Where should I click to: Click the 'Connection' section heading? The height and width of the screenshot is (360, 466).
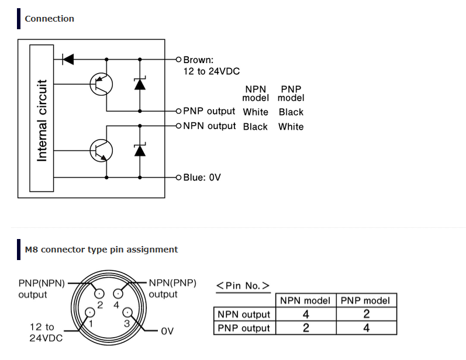pos(49,19)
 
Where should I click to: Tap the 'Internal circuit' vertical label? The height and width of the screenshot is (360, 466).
pos(42,120)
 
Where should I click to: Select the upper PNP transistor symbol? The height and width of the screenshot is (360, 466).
pos(101,84)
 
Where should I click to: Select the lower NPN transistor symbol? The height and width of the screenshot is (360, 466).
pos(101,151)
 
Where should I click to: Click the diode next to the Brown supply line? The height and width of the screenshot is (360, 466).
pos(68,60)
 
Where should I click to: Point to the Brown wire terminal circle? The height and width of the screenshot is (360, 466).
pos(178,60)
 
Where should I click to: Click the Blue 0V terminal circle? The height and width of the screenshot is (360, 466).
pos(178,178)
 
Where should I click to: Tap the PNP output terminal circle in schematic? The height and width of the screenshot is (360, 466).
pos(178,111)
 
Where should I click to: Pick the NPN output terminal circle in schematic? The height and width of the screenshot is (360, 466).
pos(178,126)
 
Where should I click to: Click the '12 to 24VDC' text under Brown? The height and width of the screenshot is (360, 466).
pos(211,71)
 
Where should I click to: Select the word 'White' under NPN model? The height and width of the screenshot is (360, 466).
pos(256,112)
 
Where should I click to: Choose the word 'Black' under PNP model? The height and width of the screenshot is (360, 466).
pos(291,112)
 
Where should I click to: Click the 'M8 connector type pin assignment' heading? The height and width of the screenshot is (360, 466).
pos(101,250)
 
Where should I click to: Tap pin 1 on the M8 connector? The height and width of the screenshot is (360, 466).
pos(90,313)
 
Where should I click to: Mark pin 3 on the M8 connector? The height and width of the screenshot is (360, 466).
pos(127,313)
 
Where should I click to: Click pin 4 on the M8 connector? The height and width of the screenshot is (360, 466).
pos(118,294)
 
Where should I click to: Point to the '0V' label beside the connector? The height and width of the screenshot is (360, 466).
pos(167,331)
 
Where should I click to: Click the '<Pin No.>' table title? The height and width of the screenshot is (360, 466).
pos(243,286)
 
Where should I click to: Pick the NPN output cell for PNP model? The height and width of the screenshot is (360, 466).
pos(367,314)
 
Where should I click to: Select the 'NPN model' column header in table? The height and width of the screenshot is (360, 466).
pos(305,300)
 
